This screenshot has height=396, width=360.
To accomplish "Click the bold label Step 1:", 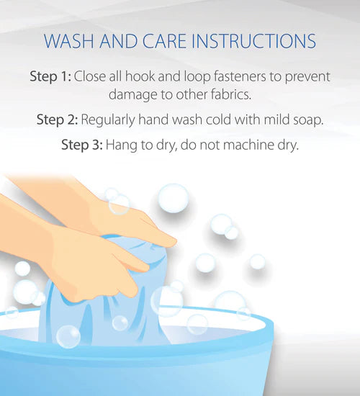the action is click(50, 76).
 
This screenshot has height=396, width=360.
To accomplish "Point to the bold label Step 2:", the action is click(57, 120).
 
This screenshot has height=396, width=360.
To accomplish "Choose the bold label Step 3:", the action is click(82, 145).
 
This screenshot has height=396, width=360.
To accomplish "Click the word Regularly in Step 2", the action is click(108, 120).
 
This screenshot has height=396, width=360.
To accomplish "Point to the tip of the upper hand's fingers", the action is click(176, 242).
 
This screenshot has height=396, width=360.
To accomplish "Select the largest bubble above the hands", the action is click(174, 199).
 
